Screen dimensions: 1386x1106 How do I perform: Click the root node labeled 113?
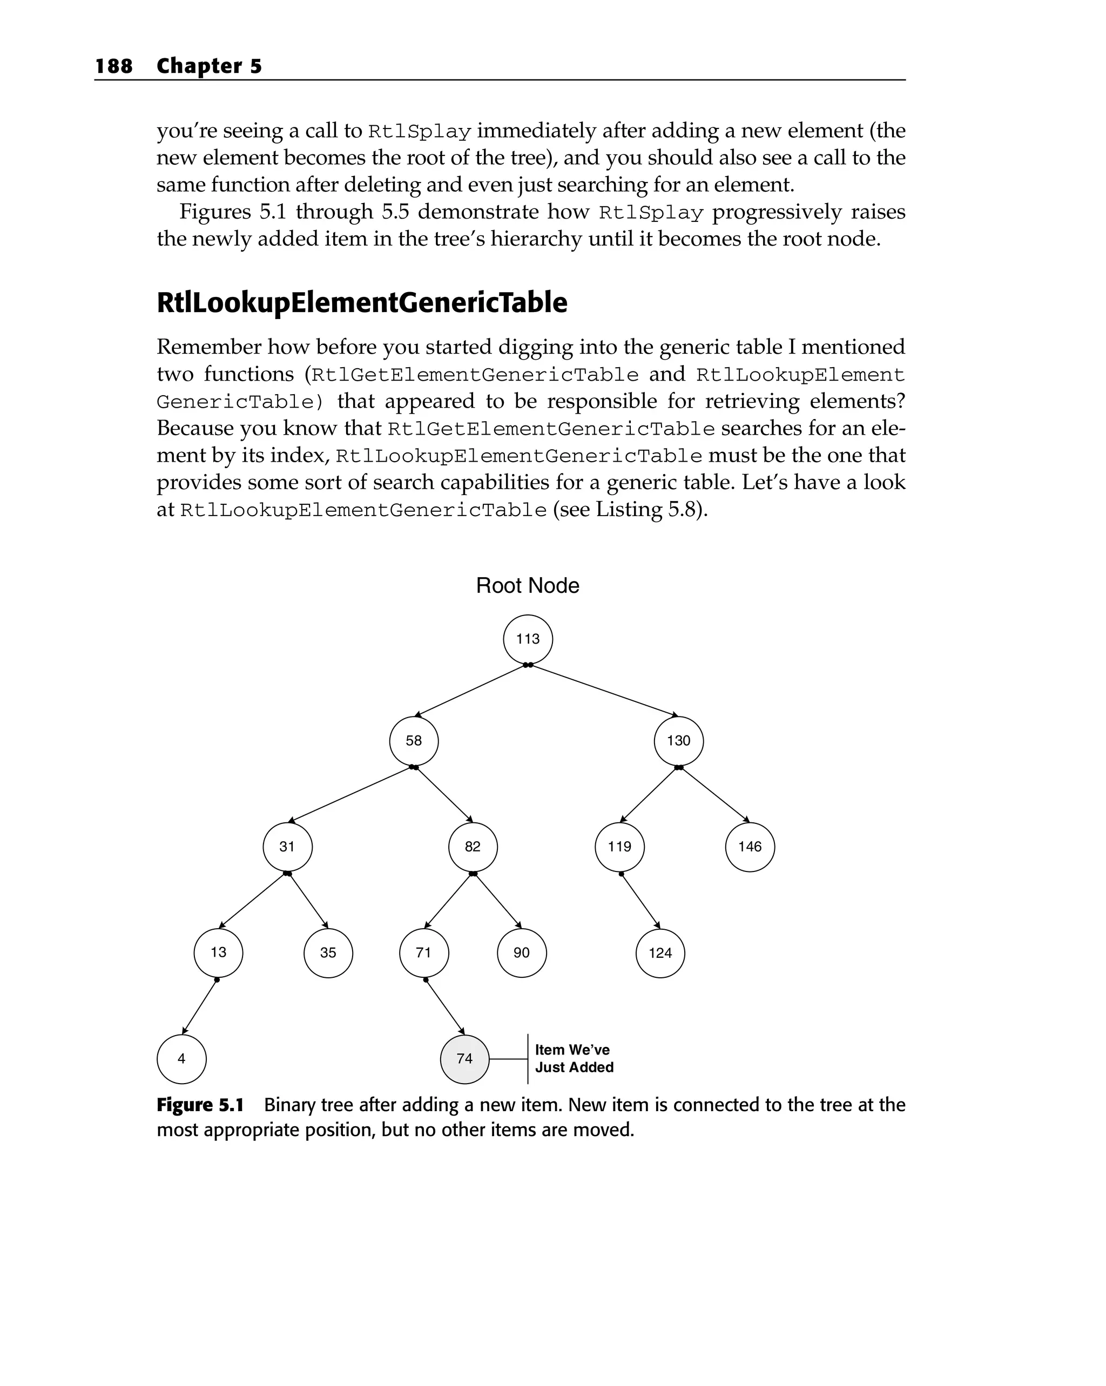tap(527, 639)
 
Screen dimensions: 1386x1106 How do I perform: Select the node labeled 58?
tap(414, 741)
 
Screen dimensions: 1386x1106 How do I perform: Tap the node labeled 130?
tap(678, 741)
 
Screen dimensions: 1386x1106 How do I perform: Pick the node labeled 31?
tap(287, 847)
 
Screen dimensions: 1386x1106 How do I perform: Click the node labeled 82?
tap(473, 847)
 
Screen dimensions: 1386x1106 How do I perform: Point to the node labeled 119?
tap(619, 847)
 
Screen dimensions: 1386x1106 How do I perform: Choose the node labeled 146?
tap(750, 847)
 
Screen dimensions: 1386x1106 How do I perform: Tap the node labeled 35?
tap(328, 953)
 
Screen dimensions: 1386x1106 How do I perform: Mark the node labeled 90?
tap(522, 953)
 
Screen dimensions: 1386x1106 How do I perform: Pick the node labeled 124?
tap(660, 954)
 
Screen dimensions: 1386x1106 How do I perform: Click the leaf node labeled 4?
tap(181, 1059)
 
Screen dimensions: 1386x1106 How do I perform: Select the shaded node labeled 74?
tap(464, 1059)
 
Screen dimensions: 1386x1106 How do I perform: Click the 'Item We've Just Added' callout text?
tap(574, 1059)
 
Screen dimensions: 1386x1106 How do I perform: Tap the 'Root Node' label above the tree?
tap(527, 586)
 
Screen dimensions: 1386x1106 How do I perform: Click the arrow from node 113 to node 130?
tap(603, 690)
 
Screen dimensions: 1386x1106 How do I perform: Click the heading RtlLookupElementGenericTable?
tap(361, 303)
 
